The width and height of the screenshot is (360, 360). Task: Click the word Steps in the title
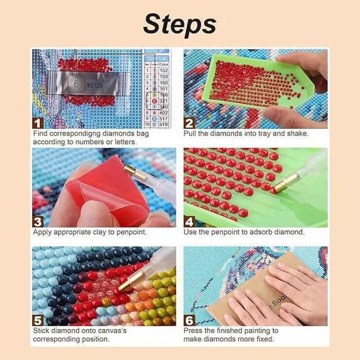(x=179, y=24)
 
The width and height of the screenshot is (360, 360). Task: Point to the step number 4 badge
(x=189, y=221)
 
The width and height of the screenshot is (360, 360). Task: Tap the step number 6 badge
(x=189, y=319)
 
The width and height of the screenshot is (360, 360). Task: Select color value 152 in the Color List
(x=164, y=70)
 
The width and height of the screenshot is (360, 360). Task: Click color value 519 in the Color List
(x=164, y=124)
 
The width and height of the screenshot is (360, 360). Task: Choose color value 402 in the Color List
(x=164, y=112)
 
